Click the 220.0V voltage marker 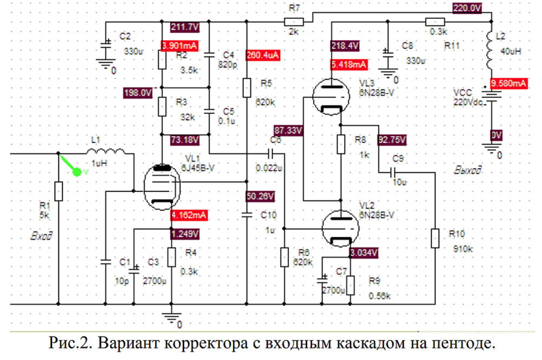[x=468, y=8]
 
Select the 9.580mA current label [x=508, y=83]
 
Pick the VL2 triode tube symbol [x=341, y=228]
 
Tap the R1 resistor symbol [x=59, y=191]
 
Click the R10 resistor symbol [x=435, y=237]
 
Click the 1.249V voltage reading [x=185, y=234]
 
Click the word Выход [x=468, y=171]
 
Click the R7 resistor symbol [x=294, y=22]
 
